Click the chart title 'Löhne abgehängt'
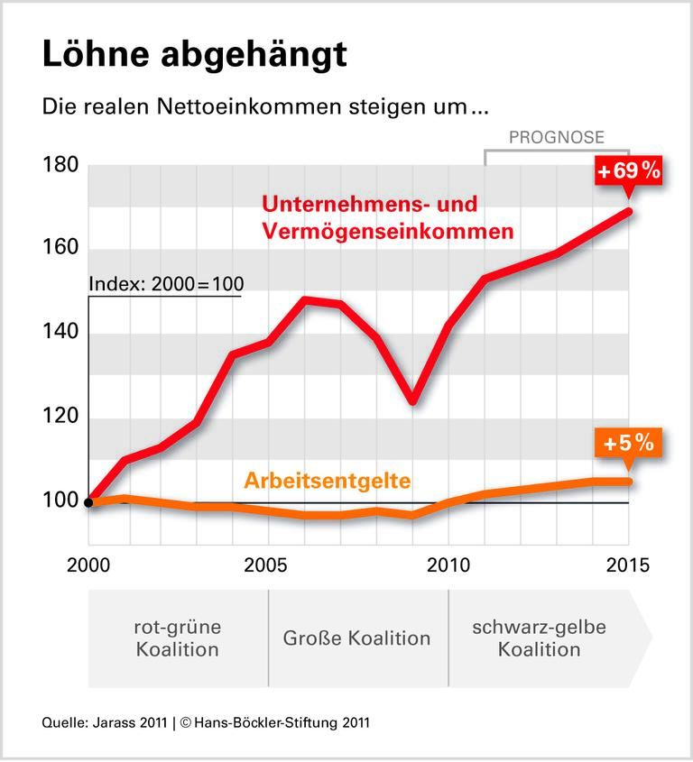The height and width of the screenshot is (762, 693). pos(194,55)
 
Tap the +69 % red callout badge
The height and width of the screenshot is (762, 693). pos(627,170)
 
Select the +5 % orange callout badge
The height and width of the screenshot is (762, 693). pos(628,444)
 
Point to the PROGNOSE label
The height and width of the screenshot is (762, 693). pos(556,137)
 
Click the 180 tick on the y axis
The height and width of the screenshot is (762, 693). pos(60,166)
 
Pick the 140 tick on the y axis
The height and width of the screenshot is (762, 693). pos(60,334)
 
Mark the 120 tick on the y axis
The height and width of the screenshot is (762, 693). pos(60,418)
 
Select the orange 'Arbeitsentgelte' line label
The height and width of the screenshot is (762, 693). pos(327,481)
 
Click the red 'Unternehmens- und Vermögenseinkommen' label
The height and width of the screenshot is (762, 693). pos(387,217)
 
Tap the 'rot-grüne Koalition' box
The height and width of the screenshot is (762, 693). pos(178,638)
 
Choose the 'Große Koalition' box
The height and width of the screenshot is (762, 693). pos(357,638)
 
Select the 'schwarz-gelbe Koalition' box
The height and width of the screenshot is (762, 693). pos(540,638)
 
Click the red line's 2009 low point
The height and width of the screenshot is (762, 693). pos(412,400)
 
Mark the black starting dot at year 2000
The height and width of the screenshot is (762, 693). pos(89,502)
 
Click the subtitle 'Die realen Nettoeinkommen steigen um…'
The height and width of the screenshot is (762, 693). pos(265,106)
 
